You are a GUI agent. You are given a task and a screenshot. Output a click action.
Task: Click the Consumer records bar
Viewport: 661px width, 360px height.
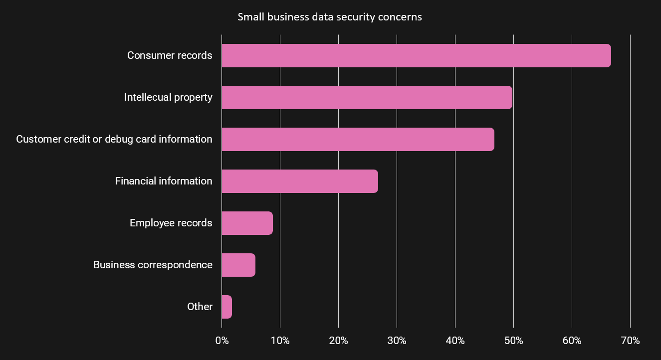(x=416, y=55)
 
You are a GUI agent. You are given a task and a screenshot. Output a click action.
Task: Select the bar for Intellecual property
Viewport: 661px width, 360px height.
(x=367, y=97)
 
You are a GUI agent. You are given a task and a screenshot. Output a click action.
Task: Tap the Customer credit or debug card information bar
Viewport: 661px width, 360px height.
(x=358, y=139)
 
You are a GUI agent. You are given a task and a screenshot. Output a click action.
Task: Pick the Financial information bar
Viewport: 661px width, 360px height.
(x=299, y=181)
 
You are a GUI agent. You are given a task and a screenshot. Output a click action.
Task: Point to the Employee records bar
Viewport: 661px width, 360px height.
(x=247, y=223)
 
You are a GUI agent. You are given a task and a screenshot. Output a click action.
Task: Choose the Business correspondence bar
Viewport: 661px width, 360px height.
(x=238, y=265)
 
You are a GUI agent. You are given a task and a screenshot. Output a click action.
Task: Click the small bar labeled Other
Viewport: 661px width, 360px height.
(x=227, y=307)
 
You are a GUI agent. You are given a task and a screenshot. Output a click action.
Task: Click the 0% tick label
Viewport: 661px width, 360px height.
(x=222, y=341)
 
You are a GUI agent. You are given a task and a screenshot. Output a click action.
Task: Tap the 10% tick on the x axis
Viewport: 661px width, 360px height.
(x=280, y=341)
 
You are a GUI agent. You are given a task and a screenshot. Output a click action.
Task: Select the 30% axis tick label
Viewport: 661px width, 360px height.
(x=397, y=341)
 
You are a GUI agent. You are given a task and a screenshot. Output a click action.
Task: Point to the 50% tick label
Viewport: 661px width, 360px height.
(x=514, y=341)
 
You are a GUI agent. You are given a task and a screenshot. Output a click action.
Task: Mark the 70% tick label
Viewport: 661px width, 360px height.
(x=631, y=341)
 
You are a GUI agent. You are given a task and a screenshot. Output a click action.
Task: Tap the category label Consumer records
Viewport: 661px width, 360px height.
(x=170, y=55)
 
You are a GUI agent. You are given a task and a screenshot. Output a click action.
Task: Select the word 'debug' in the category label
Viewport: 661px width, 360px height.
(x=118, y=139)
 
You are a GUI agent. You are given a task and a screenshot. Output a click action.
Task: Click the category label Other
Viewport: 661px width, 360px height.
(x=200, y=307)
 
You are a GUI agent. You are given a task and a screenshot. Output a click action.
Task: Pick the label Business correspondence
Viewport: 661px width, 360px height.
(x=153, y=265)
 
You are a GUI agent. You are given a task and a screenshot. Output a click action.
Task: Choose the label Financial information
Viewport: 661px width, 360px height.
(x=164, y=181)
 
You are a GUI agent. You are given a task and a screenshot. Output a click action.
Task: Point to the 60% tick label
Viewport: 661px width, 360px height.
(x=572, y=341)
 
